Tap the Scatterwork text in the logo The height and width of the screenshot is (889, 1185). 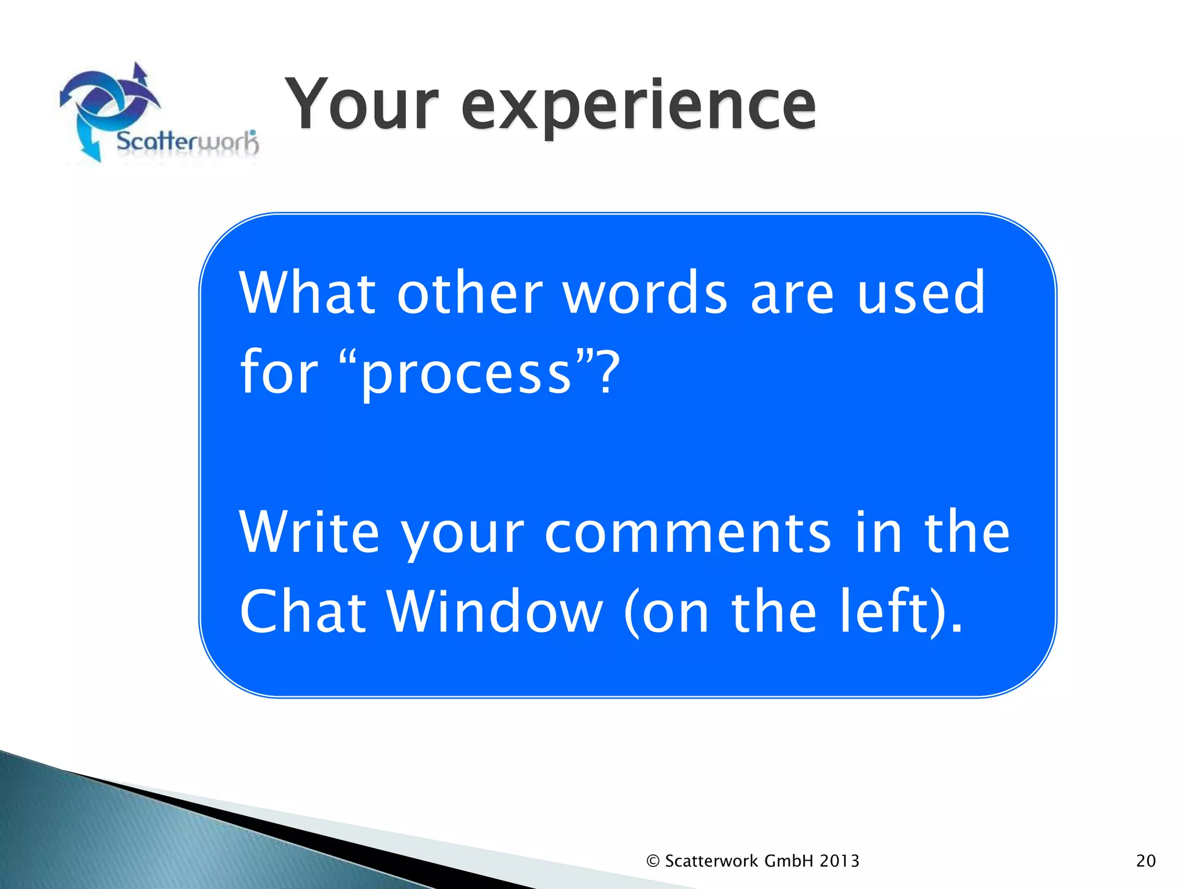(186, 142)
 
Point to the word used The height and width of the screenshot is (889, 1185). (921, 293)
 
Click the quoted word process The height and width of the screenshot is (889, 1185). (466, 373)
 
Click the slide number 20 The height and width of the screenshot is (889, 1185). (1146, 861)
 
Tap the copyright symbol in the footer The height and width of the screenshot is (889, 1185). (653, 861)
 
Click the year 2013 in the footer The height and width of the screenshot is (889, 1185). (839, 861)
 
